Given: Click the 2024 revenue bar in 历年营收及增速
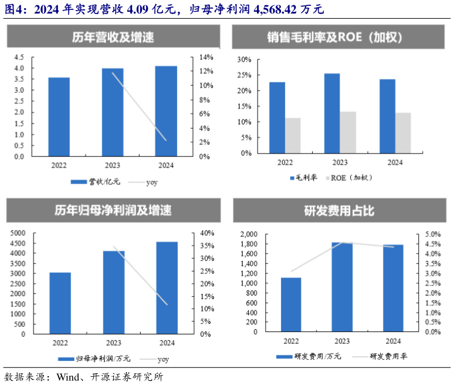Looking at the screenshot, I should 166,111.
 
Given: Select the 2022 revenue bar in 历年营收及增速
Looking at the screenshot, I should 59,117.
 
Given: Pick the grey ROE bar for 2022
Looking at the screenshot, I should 293,135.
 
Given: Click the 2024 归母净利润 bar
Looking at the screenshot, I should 167,287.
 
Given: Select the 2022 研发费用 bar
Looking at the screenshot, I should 291,304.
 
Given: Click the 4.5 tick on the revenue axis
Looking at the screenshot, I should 19,57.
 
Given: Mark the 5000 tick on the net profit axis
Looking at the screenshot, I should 18,233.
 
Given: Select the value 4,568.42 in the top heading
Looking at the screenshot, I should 270,10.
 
